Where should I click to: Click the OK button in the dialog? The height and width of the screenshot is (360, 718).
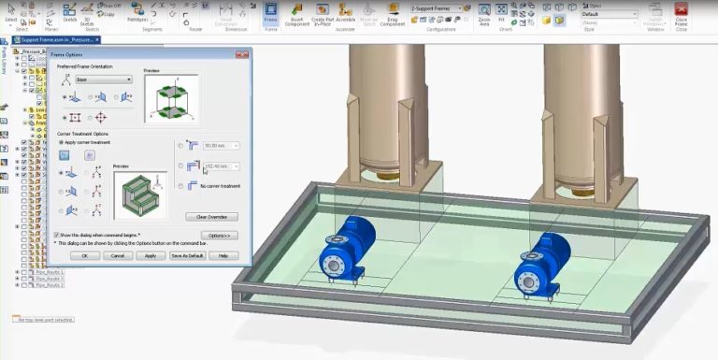pyautogui.click(x=85, y=255)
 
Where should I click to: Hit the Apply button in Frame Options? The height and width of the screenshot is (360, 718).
pyautogui.click(x=150, y=255)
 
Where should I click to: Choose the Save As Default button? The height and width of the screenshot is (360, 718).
pyautogui.click(x=187, y=255)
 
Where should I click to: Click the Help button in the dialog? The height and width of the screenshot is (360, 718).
pyautogui.click(x=223, y=255)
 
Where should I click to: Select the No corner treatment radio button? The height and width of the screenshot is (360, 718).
pyautogui.click(x=180, y=186)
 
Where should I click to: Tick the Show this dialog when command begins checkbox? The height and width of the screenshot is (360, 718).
pyautogui.click(x=57, y=235)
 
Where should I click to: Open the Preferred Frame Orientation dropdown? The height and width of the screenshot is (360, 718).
pyautogui.click(x=103, y=79)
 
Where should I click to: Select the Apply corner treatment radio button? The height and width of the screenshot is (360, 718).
pyautogui.click(x=62, y=142)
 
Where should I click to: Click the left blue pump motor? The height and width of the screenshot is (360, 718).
pyautogui.click(x=343, y=247)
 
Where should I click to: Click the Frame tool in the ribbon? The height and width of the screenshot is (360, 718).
pyautogui.click(x=270, y=16)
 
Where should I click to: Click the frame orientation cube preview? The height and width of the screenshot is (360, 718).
pyautogui.click(x=170, y=98)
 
